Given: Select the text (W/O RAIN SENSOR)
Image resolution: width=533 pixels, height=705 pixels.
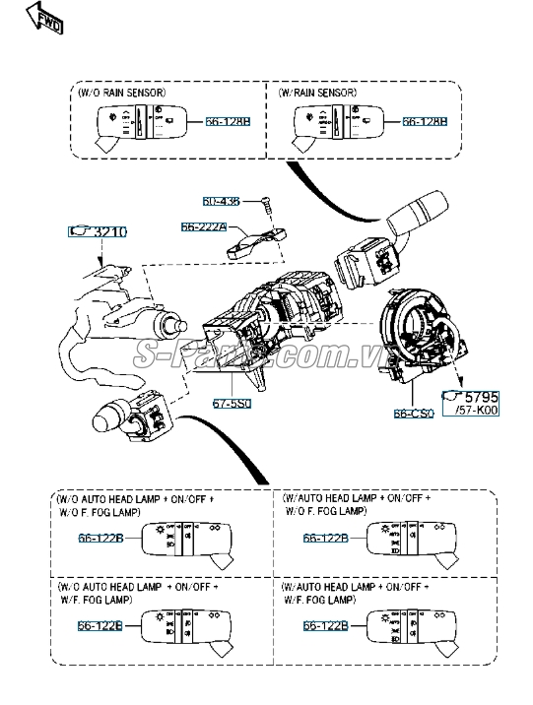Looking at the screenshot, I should [x=121, y=93].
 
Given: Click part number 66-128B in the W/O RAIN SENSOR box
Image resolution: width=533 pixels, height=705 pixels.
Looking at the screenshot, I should [x=229, y=123].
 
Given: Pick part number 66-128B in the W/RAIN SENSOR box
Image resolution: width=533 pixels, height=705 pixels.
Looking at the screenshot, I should [x=425, y=123].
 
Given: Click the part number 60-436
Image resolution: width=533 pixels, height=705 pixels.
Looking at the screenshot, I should [x=221, y=201].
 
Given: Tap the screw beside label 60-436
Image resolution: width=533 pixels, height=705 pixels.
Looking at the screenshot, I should [x=265, y=204].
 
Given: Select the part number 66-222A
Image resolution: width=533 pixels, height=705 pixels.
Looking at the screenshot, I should [x=203, y=226].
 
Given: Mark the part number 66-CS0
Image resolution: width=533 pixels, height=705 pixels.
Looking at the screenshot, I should [x=416, y=414].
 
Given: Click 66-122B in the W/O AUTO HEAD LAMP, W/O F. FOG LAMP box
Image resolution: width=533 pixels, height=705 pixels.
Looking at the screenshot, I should [x=100, y=538].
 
